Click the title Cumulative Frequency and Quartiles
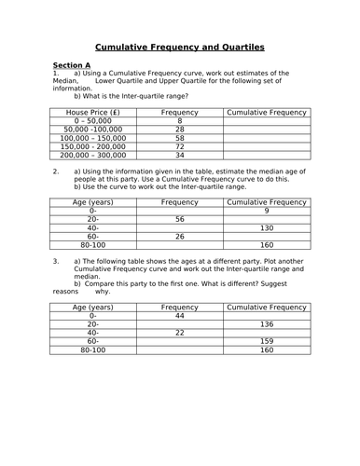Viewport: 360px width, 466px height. pos(180,47)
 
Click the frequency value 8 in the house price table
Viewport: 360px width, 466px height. pos(179,120)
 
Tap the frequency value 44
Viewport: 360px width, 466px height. pos(179,315)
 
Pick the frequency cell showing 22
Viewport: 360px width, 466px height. pos(179,333)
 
